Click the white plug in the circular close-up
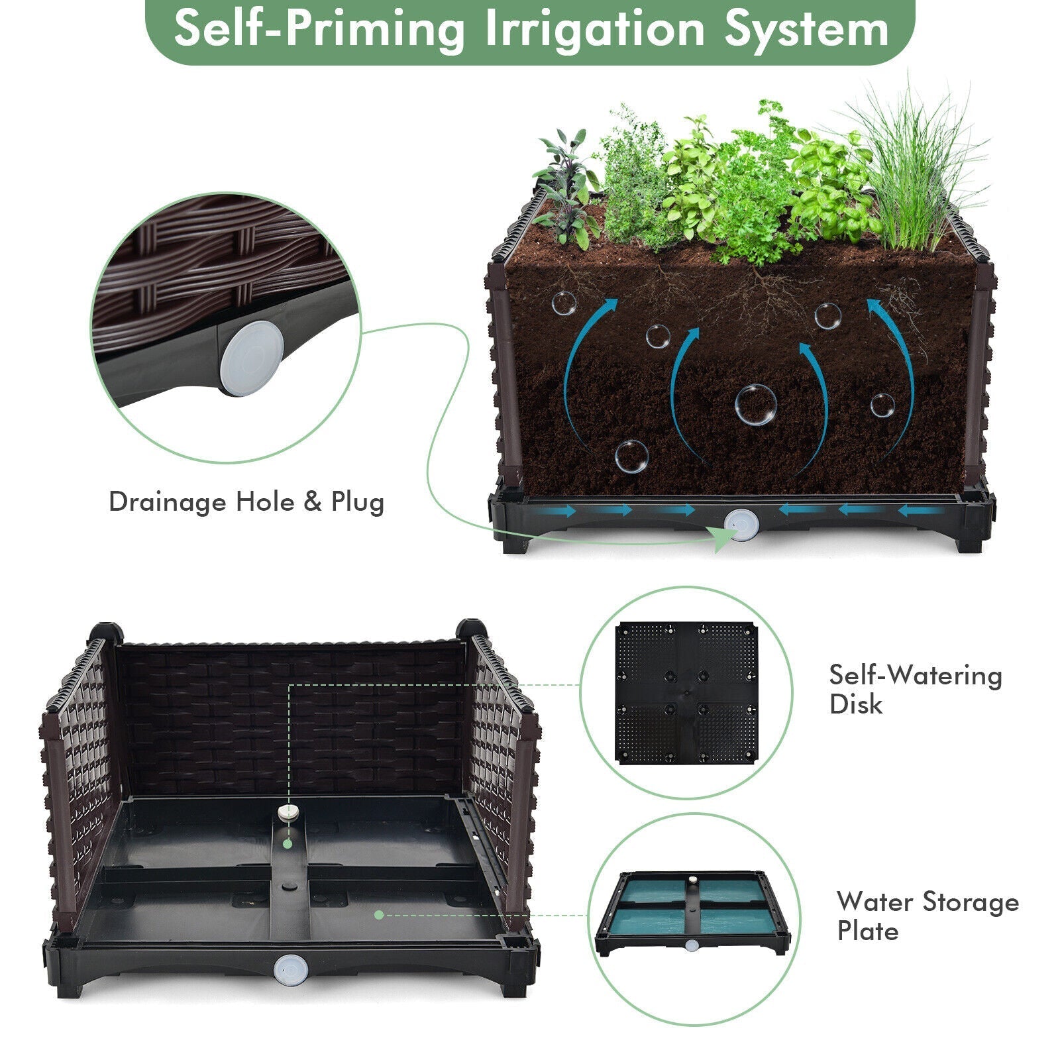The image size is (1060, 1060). [x=252, y=358]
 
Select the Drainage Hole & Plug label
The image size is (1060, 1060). [x=246, y=502]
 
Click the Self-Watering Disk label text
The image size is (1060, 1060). [x=915, y=689]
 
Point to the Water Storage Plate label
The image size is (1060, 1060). [x=927, y=916]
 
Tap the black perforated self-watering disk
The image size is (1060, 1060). [x=686, y=693]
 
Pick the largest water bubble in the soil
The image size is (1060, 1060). [x=756, y=405]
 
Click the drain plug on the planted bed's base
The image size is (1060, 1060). [x=741, y=525]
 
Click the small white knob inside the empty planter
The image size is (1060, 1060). [x=286, y=812]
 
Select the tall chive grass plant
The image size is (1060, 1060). [x=918, y=172]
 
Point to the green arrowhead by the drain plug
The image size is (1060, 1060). [x=722, y=540]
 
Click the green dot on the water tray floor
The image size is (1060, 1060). [x=379, y=915]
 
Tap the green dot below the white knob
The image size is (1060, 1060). [x=287, y=844]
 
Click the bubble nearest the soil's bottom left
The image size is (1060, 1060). [x=631, y=456]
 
